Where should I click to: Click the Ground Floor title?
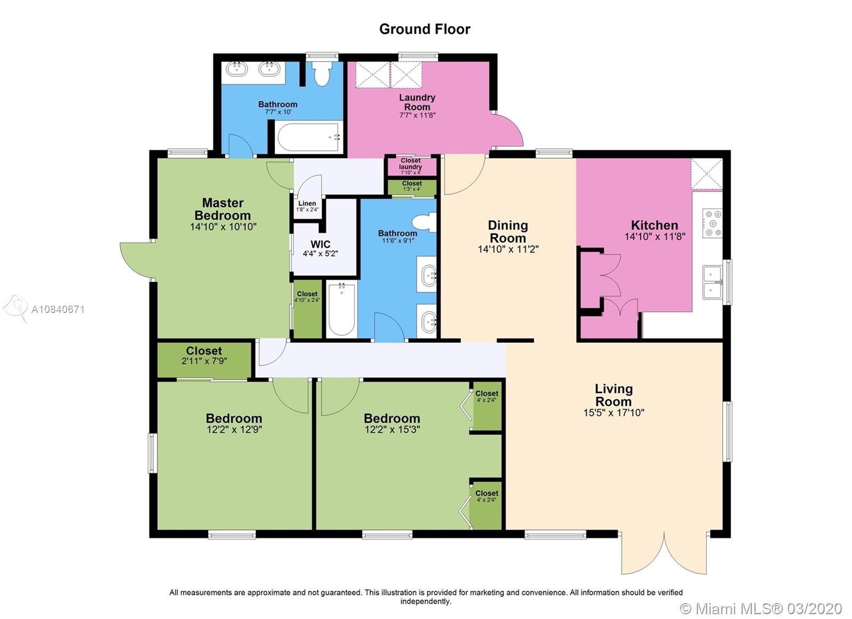(424, 29)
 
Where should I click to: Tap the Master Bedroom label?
(223, 209)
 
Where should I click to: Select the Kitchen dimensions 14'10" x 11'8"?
(654, 236)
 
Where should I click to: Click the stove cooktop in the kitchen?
(712, 223)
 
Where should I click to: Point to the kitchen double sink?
(712, 283)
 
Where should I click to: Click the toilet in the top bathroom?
(322, 73)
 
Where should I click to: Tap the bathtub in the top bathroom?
(308, 137)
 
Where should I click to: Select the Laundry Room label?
(417, 102)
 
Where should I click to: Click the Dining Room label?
(508, 232)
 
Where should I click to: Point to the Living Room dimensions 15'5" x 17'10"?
(613, 412)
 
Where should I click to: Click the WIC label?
(320, 244)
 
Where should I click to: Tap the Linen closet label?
(307, 203)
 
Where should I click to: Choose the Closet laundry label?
(411, 164)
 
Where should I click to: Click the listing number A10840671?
(58, 310)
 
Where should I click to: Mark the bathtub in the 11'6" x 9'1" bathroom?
(341, 309)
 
